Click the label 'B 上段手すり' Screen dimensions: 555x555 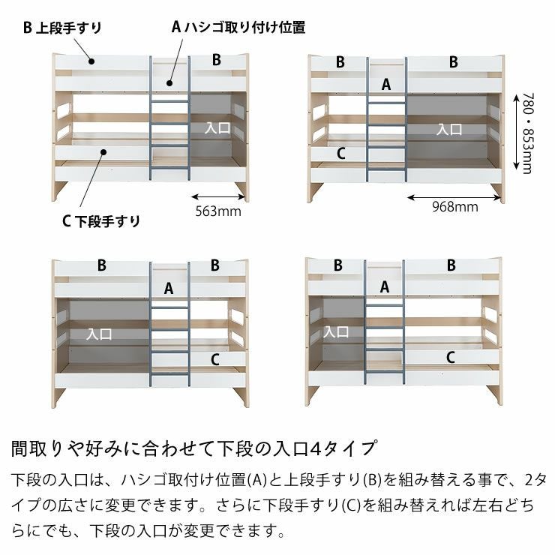click(62, 28)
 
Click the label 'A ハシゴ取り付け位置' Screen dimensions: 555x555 click(238, 28)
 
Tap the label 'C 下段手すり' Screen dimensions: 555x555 click(100, 220)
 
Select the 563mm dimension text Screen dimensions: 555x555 click(217, 211)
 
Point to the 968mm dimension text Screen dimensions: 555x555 click(454, 207)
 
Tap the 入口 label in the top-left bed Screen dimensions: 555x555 click(218, 128)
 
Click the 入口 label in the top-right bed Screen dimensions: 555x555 click(449, 129)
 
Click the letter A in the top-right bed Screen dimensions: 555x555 click(386, 85)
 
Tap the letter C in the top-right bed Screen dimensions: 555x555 click(340, 154)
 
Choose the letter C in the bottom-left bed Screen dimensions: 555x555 click(214, 360)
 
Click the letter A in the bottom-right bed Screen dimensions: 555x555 click(385, 286)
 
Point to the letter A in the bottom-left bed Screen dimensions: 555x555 click(169, 288)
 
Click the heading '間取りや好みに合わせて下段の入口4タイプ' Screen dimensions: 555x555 click(193, 449)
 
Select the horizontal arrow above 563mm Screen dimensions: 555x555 click(217, 196)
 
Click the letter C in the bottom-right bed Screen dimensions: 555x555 click(450, 358)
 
